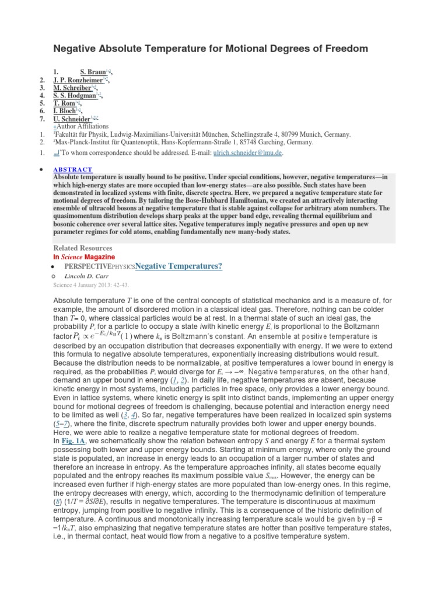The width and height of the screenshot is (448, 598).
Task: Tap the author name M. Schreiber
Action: tap(73, 88)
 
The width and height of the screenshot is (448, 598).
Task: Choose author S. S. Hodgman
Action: tap(75, 95)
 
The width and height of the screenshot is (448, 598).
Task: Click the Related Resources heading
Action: tap(82, 248)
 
